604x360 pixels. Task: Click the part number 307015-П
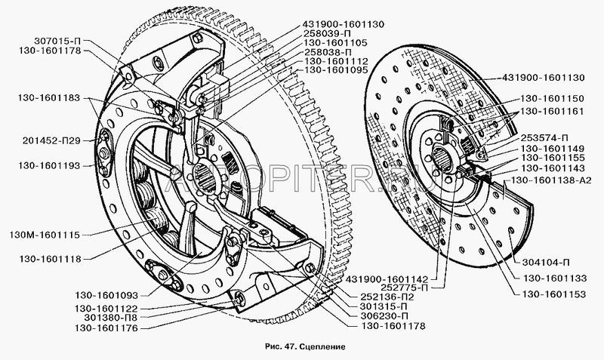pyautogui.click(x=58, y=41)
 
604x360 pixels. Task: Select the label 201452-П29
pyautogui.click(x=51, y=140)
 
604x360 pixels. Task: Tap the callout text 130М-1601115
pyautogui.click(x=45, y=235)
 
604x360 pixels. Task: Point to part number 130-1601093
pyautogui.click(x=106, y=295)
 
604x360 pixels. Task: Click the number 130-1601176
pyautogui.click(x=106, y=328)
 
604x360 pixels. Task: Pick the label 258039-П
pyautogui.click(x=328, y=33)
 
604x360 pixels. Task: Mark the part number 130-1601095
pyautogui.click(x=336, y=70)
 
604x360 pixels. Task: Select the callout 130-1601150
pyautogui.click(x=553, y=98)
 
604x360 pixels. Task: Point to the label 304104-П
pyautogui.click(x=546, y=263)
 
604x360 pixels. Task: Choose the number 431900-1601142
pyautogui.click(x=387, y=278)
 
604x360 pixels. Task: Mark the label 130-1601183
pyautogui.click(x=48, y=98)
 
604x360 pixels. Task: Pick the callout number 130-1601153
pyautogui.click(x=554, y=294)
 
